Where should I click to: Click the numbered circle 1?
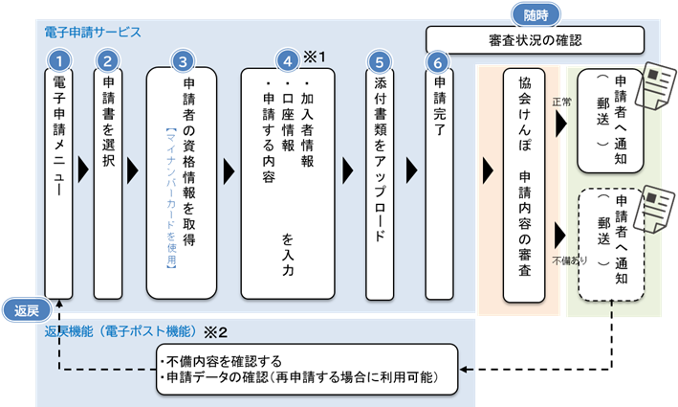point(59,59)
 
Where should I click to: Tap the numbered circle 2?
point(108,59)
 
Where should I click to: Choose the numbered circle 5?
point(381,59)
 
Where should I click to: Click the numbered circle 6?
point(438,59)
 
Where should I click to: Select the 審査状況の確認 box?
point(534,41)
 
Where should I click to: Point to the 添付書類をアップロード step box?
point(381,177)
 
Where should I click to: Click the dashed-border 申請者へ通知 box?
point(609,244)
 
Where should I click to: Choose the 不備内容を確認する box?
point(306,369)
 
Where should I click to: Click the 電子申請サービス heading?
point(94,32)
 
